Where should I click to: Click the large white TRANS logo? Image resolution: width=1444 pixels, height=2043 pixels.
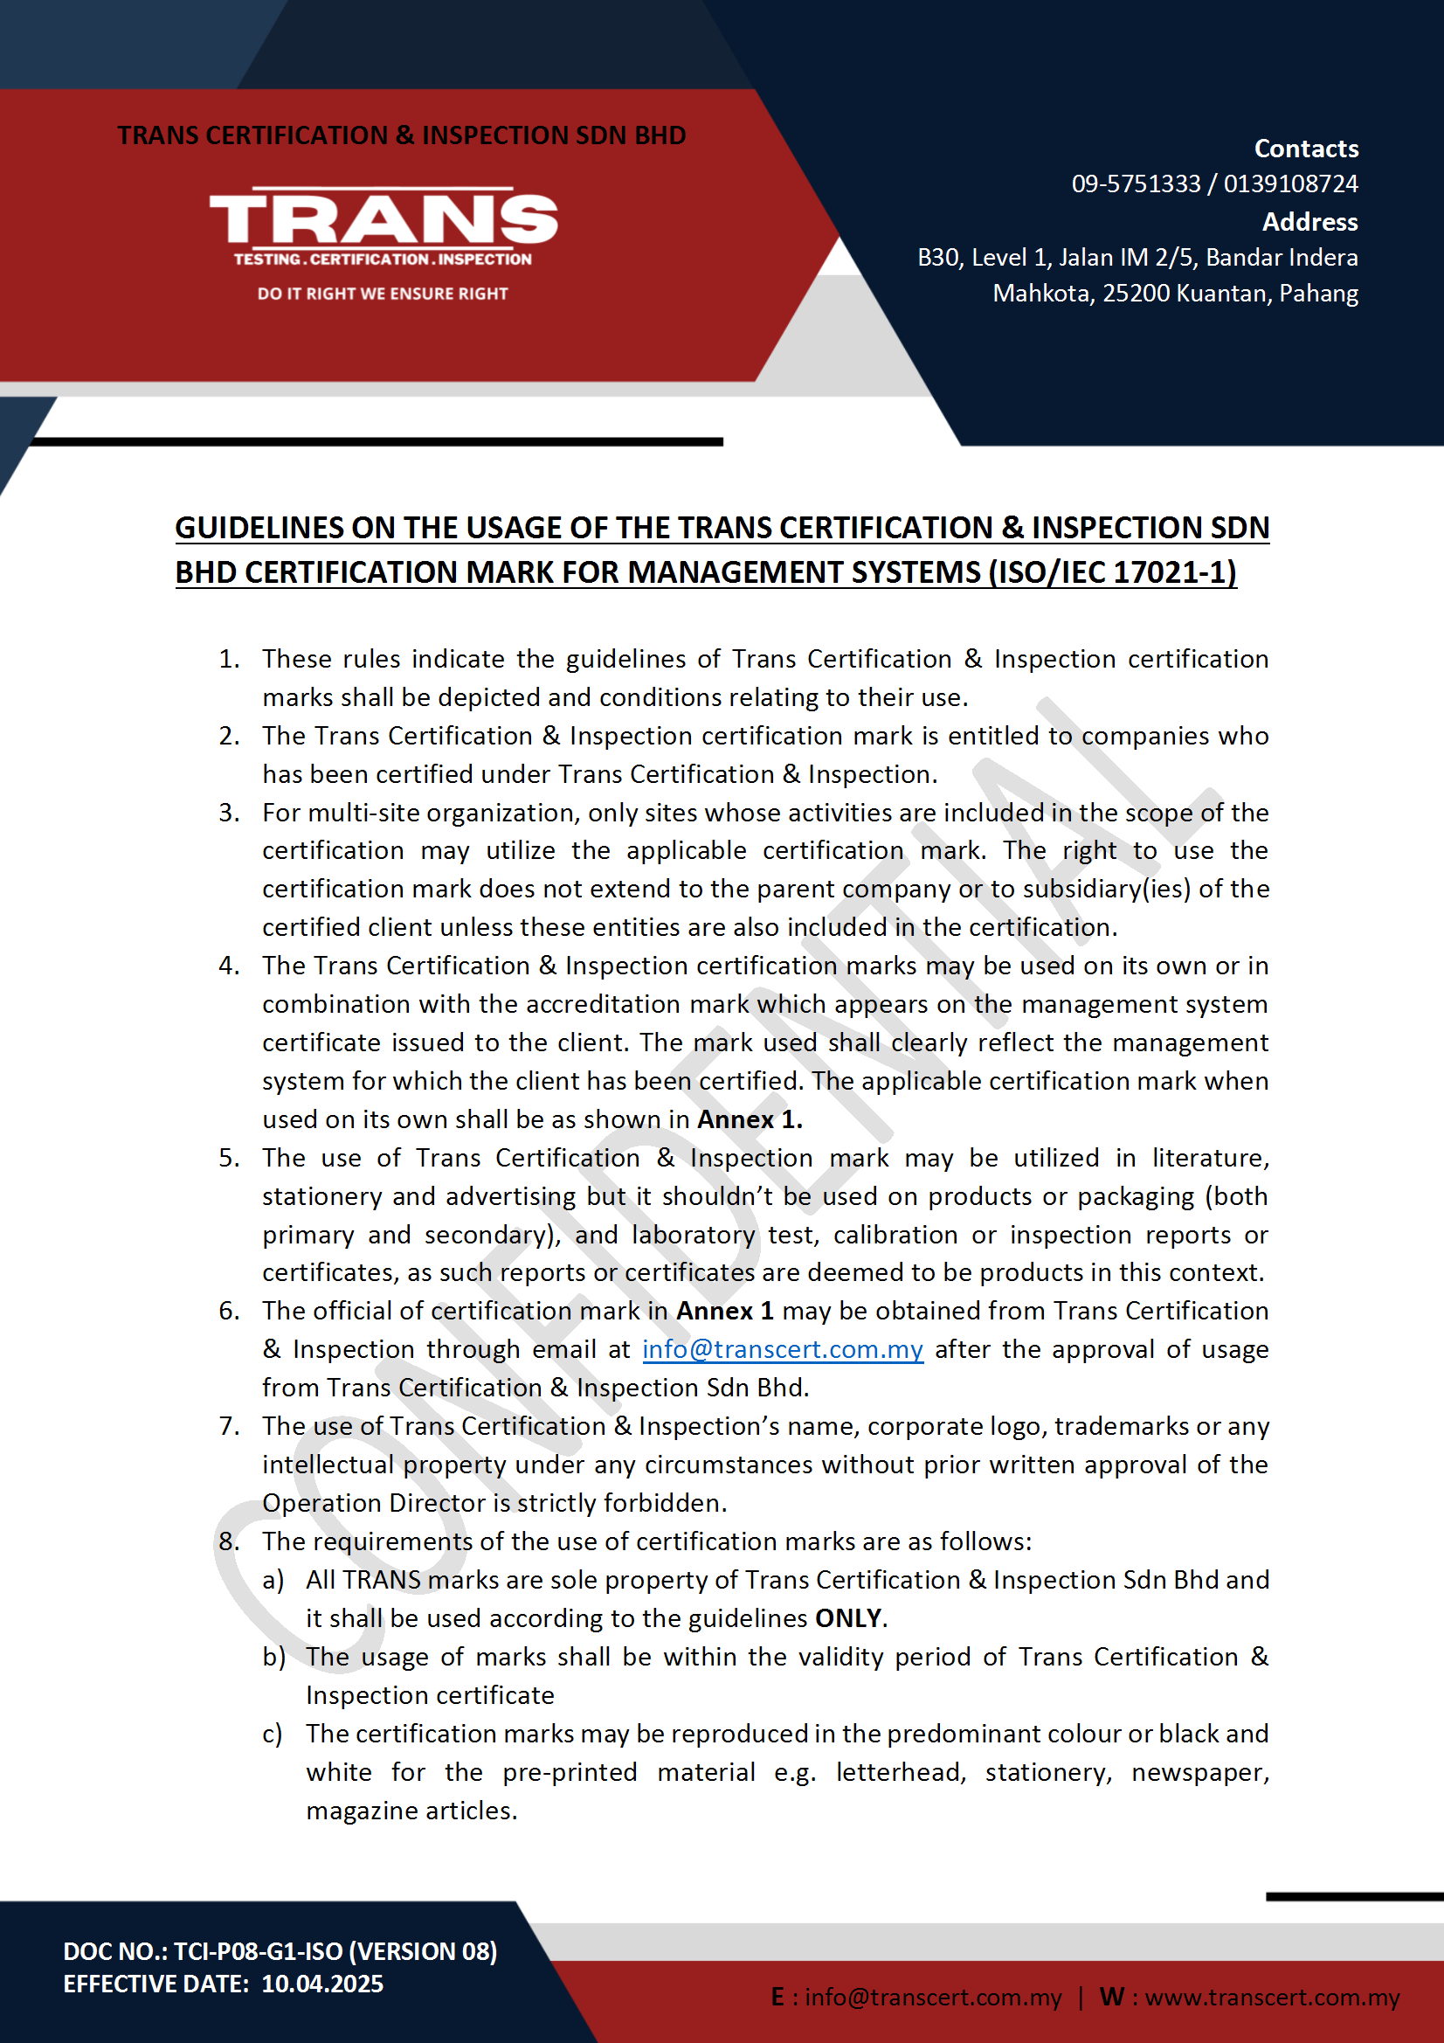coord(383,218)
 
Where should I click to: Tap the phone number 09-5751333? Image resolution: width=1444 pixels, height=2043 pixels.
coord(1136,184)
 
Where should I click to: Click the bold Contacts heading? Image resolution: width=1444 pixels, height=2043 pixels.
coord(1305,149)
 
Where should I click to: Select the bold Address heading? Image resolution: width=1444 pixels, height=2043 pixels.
coord(1309,222)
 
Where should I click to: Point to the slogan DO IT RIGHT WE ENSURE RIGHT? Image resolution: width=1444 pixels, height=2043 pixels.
coord(383,294)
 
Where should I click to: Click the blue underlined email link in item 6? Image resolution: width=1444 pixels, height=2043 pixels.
coord(782,1349)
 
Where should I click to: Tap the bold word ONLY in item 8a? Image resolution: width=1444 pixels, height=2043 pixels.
coord(848,1617)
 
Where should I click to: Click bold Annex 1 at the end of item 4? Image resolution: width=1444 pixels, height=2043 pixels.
coord(750,1119)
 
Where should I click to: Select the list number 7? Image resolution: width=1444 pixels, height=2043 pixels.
coord(229,1425)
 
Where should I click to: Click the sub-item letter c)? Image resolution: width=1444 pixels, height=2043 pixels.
coord(273,1734)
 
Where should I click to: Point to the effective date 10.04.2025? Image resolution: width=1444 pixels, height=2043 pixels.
coord(322,1984)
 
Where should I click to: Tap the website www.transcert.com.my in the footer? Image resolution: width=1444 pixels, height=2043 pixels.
coord(1271,1998)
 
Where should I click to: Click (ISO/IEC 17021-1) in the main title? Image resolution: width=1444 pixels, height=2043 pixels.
coord(1112,572)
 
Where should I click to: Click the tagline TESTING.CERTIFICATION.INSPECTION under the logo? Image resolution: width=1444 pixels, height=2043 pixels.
coord(383,259)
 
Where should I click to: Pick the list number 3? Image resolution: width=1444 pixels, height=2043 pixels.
coord(229,813)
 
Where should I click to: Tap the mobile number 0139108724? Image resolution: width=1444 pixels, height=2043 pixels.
coord(1290,184)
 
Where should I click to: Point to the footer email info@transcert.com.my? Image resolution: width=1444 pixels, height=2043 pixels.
coord(932,1998)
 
